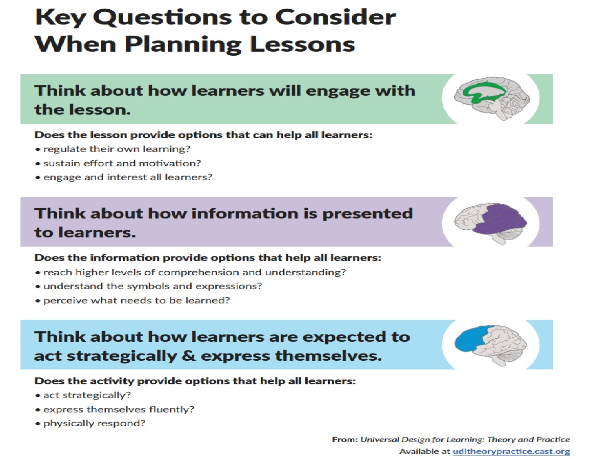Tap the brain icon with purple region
coord(490,222)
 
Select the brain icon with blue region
coord(489,344)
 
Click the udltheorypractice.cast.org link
coord(511,451)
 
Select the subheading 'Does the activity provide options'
coord(194,381)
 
